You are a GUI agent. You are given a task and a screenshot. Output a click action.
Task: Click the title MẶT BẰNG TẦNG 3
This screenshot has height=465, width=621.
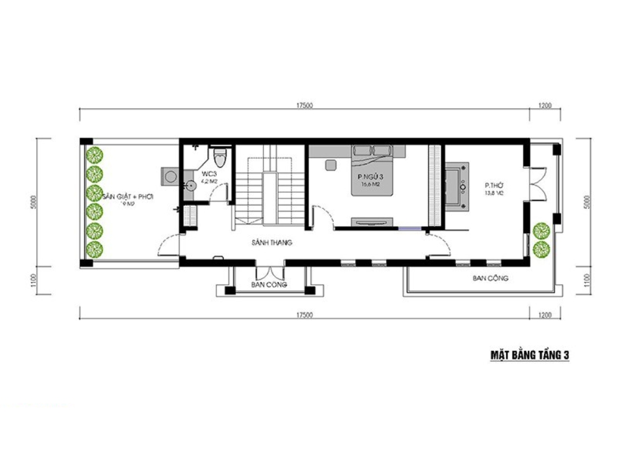[x=530, y=355]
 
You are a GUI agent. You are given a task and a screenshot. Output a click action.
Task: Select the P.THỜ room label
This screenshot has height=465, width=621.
[x=494, y=185]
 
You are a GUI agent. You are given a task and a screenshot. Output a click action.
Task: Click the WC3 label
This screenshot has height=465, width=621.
[x=207, y=174]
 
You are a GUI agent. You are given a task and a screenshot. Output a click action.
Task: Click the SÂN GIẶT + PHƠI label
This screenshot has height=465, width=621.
[x=127, y=197]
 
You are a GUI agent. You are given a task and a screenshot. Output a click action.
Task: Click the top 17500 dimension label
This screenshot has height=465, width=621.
[x=304, y=105]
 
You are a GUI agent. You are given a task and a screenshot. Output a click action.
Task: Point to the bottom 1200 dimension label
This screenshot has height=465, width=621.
[x=545, y=315]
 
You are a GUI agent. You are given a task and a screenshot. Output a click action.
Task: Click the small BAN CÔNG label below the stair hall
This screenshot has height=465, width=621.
[x=266, y=285]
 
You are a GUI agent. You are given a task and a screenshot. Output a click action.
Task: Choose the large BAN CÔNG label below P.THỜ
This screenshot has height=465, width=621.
[x=490, y=278]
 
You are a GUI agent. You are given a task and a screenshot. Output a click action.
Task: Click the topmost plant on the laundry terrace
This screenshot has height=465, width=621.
[x=94, y=154]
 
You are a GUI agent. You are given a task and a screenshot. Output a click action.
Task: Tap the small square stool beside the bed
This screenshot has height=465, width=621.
[x=330, y=165]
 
